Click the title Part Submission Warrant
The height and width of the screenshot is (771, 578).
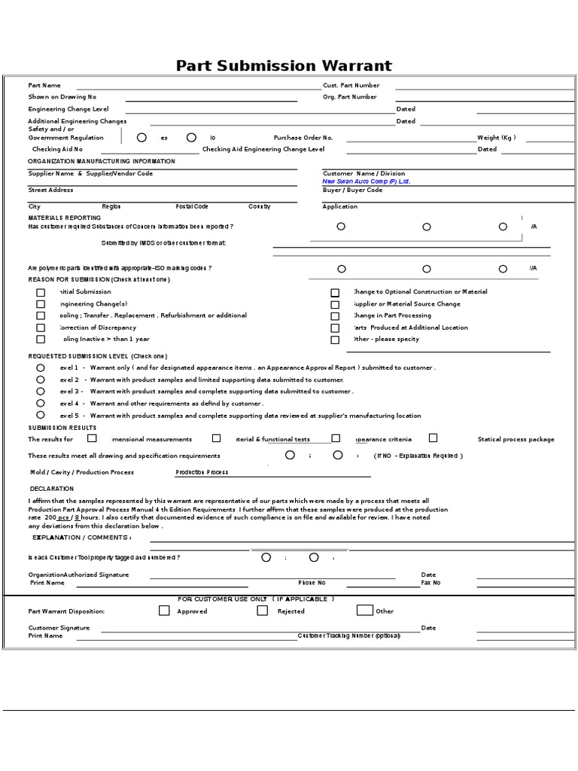(x=284, y=66)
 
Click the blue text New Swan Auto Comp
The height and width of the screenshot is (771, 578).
(x=366, y=181)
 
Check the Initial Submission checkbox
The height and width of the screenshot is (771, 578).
(x=41, y=292)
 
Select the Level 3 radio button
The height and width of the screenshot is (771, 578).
(x=40, y=392)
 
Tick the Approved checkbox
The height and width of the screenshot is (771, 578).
(x=164, y=611)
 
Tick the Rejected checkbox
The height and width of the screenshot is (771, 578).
(x=263, y=611)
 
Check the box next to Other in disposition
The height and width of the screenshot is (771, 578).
(x=364, y=611)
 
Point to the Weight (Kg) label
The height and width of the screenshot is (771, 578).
(x=496, y=138)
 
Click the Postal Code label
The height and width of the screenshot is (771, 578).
(x=192, y=206)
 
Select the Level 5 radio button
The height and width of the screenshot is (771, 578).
(x=40, y=415)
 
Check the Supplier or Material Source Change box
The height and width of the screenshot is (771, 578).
(x=335, y=304)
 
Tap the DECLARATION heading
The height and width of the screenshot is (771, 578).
(x=51, y=489)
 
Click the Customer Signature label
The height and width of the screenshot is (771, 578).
(x=59, y=627)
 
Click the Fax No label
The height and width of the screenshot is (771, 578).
(x=430, y=583)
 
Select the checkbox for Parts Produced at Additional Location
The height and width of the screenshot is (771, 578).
(x=335, y=328)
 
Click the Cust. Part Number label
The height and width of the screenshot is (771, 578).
(x=351, y=86)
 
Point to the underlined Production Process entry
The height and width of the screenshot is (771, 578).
(x=202, y=472)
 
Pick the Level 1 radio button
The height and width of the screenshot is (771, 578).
(x=40, y=367)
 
